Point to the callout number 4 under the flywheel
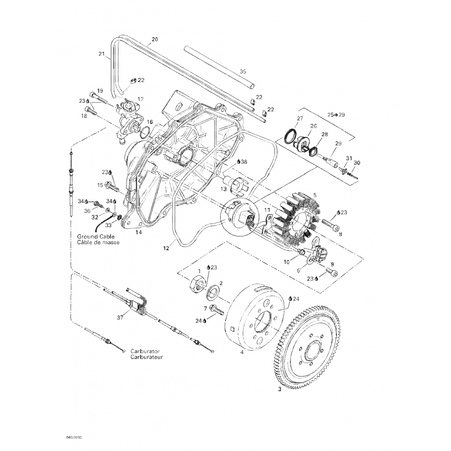242,352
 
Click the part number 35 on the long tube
243,72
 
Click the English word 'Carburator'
145,351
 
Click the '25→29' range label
336,115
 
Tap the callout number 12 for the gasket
166,248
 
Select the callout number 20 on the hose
155,39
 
